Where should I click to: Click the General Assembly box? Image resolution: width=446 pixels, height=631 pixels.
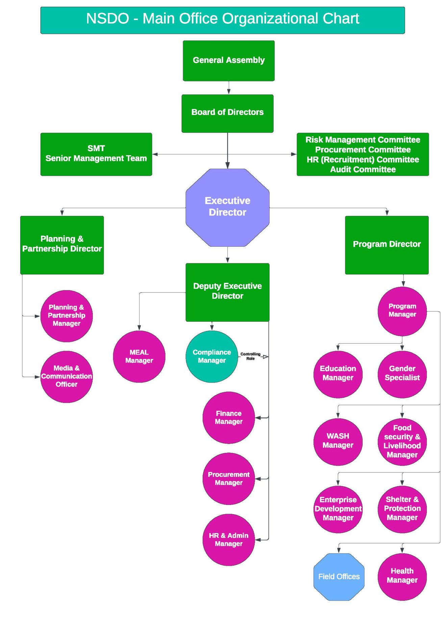tap(228, 60)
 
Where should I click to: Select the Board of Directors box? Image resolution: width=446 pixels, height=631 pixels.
tap(227, 113)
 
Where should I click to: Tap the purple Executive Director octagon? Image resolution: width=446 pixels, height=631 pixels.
tap(227, 207)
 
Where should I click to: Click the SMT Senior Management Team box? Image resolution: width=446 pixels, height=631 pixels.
tap(96, 154)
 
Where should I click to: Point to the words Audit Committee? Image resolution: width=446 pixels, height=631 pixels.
tap(363, 169)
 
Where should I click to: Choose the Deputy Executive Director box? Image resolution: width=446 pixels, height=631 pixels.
tap(227, 292)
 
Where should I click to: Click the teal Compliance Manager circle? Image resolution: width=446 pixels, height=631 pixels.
tap(212, 357)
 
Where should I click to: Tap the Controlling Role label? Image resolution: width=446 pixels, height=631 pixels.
tap(250, 356)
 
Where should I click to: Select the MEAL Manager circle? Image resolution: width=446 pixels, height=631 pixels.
tap(139, 357)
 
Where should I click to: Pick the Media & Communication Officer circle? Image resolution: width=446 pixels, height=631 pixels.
tap(66, 377)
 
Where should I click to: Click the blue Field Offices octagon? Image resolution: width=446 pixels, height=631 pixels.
tap(339, 577)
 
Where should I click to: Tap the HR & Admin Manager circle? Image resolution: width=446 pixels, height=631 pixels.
tap(228, 540)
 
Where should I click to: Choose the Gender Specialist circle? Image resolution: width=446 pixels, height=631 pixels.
tap(402, 373)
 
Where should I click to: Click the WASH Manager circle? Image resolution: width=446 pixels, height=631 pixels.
tap(338, 441)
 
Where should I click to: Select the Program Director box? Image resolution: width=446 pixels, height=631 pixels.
tap(387, 245)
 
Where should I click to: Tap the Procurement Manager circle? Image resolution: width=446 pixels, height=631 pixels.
tap(228, 479)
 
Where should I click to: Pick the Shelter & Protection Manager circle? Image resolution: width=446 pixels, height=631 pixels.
tap(402, 509)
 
